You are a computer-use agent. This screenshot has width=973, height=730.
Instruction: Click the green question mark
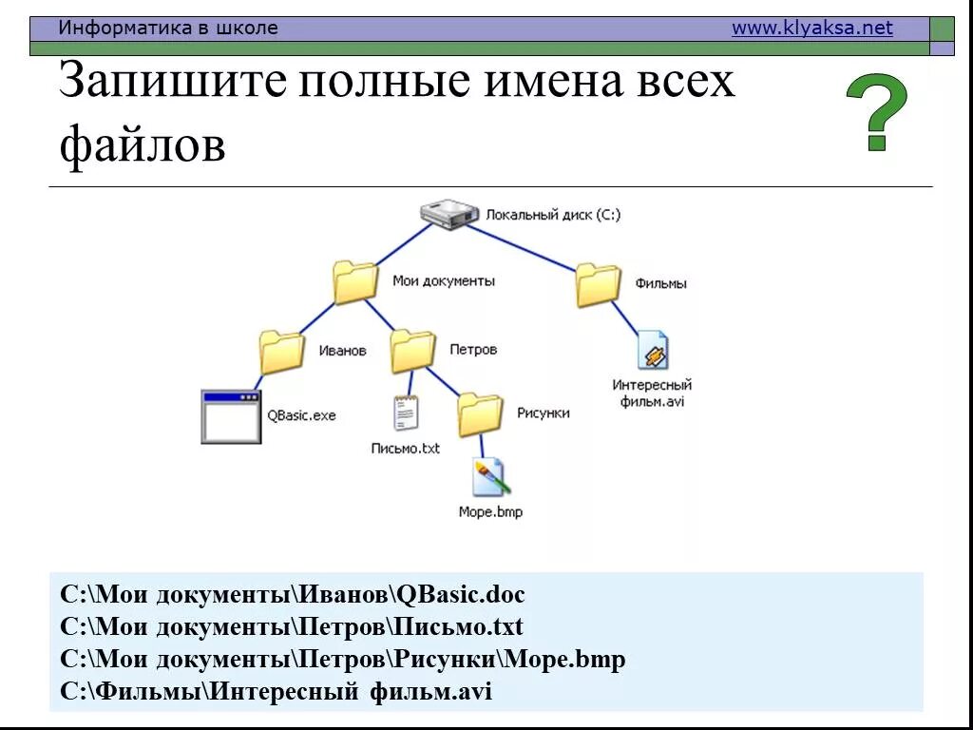click(x=876, y=112)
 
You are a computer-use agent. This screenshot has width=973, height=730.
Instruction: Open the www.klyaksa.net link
click(x=811, y=29)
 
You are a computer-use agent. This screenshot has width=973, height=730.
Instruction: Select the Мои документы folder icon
click(x=355, y=282)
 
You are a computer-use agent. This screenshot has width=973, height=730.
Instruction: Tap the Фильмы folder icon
click(x=598, y=284)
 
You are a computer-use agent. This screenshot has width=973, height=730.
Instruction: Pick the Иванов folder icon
click(x=281, y=351)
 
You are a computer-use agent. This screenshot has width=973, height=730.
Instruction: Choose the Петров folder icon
click(x=412, y=351)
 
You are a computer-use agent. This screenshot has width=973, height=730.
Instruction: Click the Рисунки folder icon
click(x=480, y=413)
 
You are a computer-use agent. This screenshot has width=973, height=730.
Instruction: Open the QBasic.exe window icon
click(x=231, y=416)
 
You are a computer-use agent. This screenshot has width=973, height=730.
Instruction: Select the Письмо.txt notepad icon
click(x=406, y=413)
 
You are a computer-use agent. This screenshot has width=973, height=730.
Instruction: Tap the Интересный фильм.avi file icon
click(x=653, y=351)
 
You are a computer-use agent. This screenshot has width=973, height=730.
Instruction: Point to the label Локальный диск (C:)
click(x=553, y=216)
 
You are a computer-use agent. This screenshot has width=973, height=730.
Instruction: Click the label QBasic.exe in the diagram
click(x=301, y=415)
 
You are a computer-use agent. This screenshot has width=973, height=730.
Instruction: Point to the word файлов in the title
click(x=143, y=145)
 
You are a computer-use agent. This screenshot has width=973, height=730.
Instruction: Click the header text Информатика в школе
click(x=168, y=29)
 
